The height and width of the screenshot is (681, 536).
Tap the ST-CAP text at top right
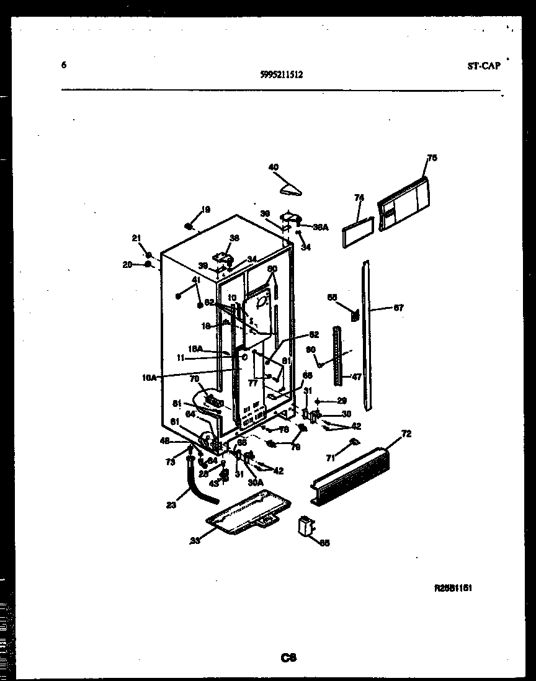point(483,66)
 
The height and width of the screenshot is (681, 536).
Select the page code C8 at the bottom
point(288,658)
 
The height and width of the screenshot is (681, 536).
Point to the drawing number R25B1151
point(453,588)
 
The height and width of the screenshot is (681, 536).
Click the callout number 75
point(432,158)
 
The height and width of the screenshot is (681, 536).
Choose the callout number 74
point(359,198)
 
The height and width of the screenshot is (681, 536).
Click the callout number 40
point(273,166)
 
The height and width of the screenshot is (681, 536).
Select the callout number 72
point(406,434)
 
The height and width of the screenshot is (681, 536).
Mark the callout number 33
point(195,540)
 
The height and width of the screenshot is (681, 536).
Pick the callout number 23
point(171,504)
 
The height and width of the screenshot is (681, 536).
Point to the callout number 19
point(205,209)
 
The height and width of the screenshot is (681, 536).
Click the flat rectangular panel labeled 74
point(358,230)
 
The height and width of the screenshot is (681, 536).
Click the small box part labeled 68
point(305,526)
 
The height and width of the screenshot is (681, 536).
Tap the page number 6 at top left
point(64,65)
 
